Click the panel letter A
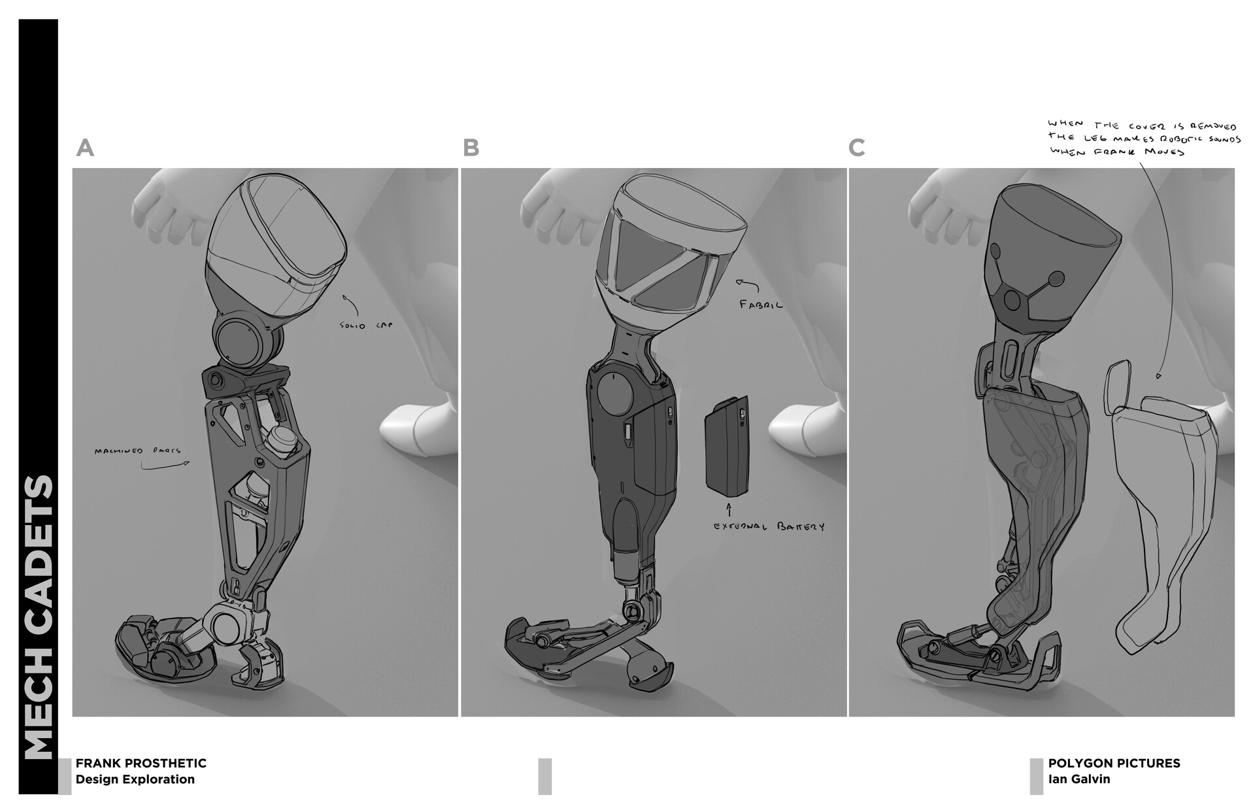click(x=85, y=148)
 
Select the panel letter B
click(x=471, y=148)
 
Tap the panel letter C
click(x=856, y=148)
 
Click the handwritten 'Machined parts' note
click(x=137, y=451)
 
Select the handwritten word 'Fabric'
click(x=761, y=304)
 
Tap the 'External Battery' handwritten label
click(x=769, y=526)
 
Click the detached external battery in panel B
click(x=726, y=452)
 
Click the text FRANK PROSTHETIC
click(x=141, y=763)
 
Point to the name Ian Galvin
click(x=1079, y=779)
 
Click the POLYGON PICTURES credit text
click(x=1114, y=763)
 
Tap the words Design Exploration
click(x=135, y=779)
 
